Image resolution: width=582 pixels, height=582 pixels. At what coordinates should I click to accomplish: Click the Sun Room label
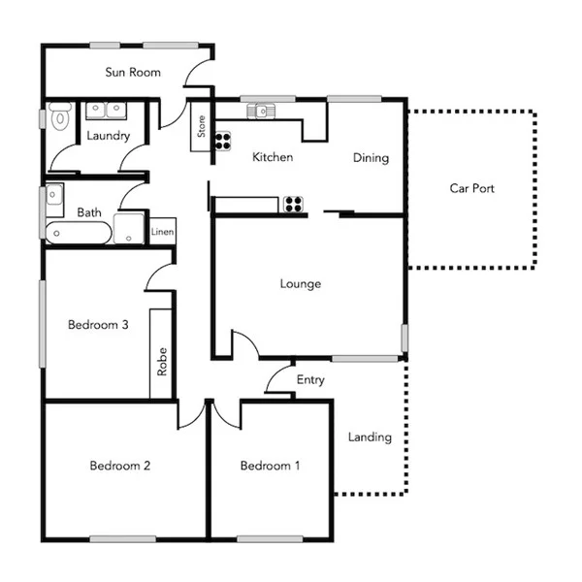133,73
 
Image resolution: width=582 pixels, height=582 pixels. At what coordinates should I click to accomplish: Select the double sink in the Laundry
106,110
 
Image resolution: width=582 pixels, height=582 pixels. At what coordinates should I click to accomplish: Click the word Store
202,128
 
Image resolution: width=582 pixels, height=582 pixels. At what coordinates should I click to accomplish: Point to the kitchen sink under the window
261,111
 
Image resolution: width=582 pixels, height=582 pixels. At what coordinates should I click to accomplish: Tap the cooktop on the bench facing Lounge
292,204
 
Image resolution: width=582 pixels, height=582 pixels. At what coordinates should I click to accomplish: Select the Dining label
371,158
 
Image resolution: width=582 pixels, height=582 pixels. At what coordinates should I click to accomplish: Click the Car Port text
471,188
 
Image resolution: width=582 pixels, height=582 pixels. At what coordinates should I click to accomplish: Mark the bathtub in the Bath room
79,233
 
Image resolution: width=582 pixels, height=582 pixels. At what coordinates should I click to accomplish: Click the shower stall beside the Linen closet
129,230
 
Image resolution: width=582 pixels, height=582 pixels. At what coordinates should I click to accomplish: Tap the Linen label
163,233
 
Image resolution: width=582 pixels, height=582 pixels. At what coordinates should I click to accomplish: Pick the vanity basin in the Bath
54,194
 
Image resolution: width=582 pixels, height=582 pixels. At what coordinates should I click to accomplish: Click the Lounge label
300,284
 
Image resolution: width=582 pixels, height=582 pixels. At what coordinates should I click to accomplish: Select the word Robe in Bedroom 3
162,363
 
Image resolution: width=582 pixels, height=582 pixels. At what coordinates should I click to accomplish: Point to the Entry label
310,380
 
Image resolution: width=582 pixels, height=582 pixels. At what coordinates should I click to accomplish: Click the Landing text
370,437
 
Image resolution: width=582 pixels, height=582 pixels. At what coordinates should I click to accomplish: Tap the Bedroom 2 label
120,466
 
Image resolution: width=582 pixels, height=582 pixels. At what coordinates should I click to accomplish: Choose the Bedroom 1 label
270,467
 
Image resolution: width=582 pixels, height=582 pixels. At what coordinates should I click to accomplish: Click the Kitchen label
273,157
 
